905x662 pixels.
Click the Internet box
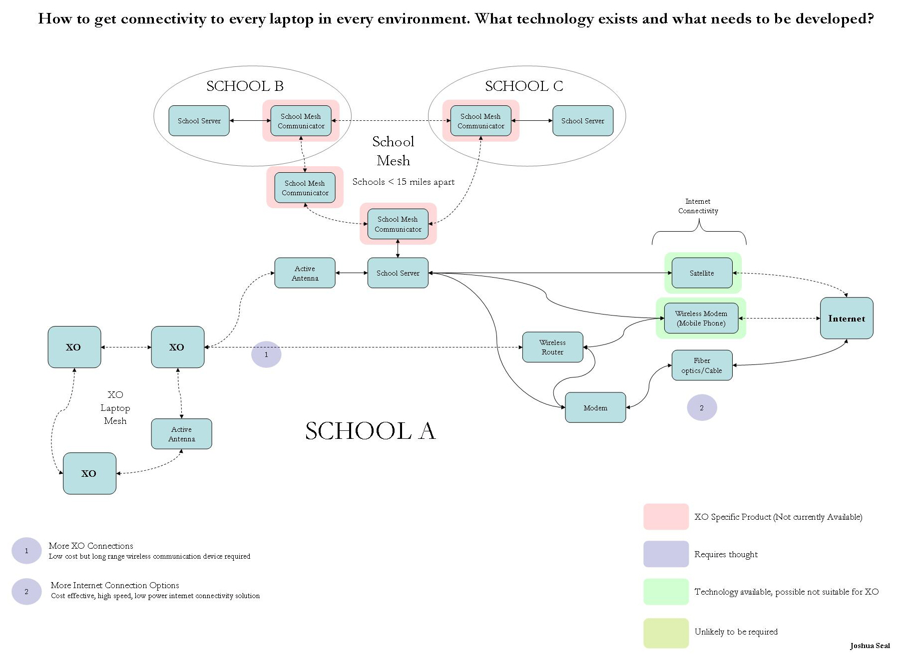(846, 318)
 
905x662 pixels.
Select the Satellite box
(702, 273)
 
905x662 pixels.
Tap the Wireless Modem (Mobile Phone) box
(701, 318)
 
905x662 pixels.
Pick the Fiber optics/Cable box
(702, 365)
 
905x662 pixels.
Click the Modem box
(595, 408)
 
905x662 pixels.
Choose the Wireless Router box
(552, 347)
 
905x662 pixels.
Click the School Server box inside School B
(199, 121)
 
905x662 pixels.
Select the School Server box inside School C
(582, 121)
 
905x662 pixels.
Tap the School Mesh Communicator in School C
(480, 121)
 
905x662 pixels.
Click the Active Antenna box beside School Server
(305, 273)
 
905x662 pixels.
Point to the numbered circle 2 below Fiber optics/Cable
(702, 408)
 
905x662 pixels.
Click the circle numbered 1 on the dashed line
(266, 354)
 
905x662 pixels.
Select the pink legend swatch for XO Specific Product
(666, 517)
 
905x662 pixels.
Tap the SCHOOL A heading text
(370, 431)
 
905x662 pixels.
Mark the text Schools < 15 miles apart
(404, 182)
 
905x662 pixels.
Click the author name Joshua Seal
(870, 646)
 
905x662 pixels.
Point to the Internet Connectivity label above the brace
(698, 206)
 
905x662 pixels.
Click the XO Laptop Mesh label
(115, 407)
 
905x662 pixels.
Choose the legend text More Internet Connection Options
(115, 585)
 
